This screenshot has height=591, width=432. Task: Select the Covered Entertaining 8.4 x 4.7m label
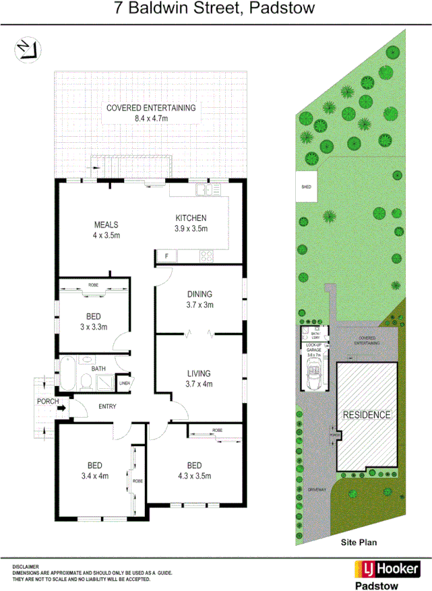click(151, 113)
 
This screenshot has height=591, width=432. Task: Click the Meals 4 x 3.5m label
click(106, 230)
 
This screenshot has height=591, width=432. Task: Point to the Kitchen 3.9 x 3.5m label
click(191, 223)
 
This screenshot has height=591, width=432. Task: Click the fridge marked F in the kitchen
click(164, 255)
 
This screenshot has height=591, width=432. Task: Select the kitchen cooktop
click(207, 255)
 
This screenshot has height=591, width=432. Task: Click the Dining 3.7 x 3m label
click(199, 299)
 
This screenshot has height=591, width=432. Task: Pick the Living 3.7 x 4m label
click(199, 379)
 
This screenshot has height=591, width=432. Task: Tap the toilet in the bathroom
click(86, 382)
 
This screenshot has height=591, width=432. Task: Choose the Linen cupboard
click(124, 383)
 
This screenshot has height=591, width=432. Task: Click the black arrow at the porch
click(61, 406)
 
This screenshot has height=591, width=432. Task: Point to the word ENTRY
click(108, 406)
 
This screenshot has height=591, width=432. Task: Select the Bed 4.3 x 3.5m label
click(194, 470)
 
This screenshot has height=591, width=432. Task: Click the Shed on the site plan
click(306, 187)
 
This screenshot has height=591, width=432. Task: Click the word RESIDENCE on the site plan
click(367, 414)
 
